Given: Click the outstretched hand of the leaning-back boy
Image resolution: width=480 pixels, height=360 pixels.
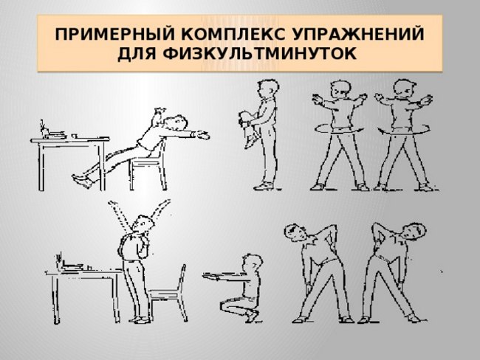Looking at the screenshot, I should click(201, 135).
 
